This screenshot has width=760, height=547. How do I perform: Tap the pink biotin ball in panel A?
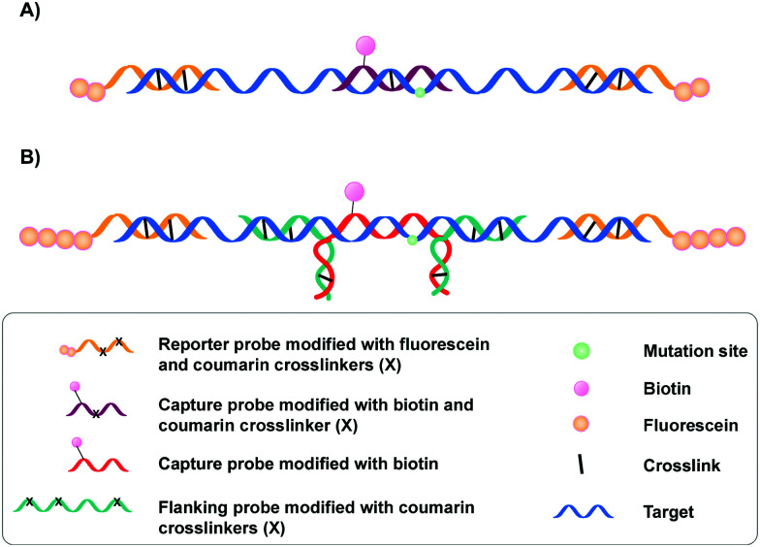coord(365,45)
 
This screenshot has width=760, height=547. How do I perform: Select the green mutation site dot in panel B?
coord(412,240)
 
